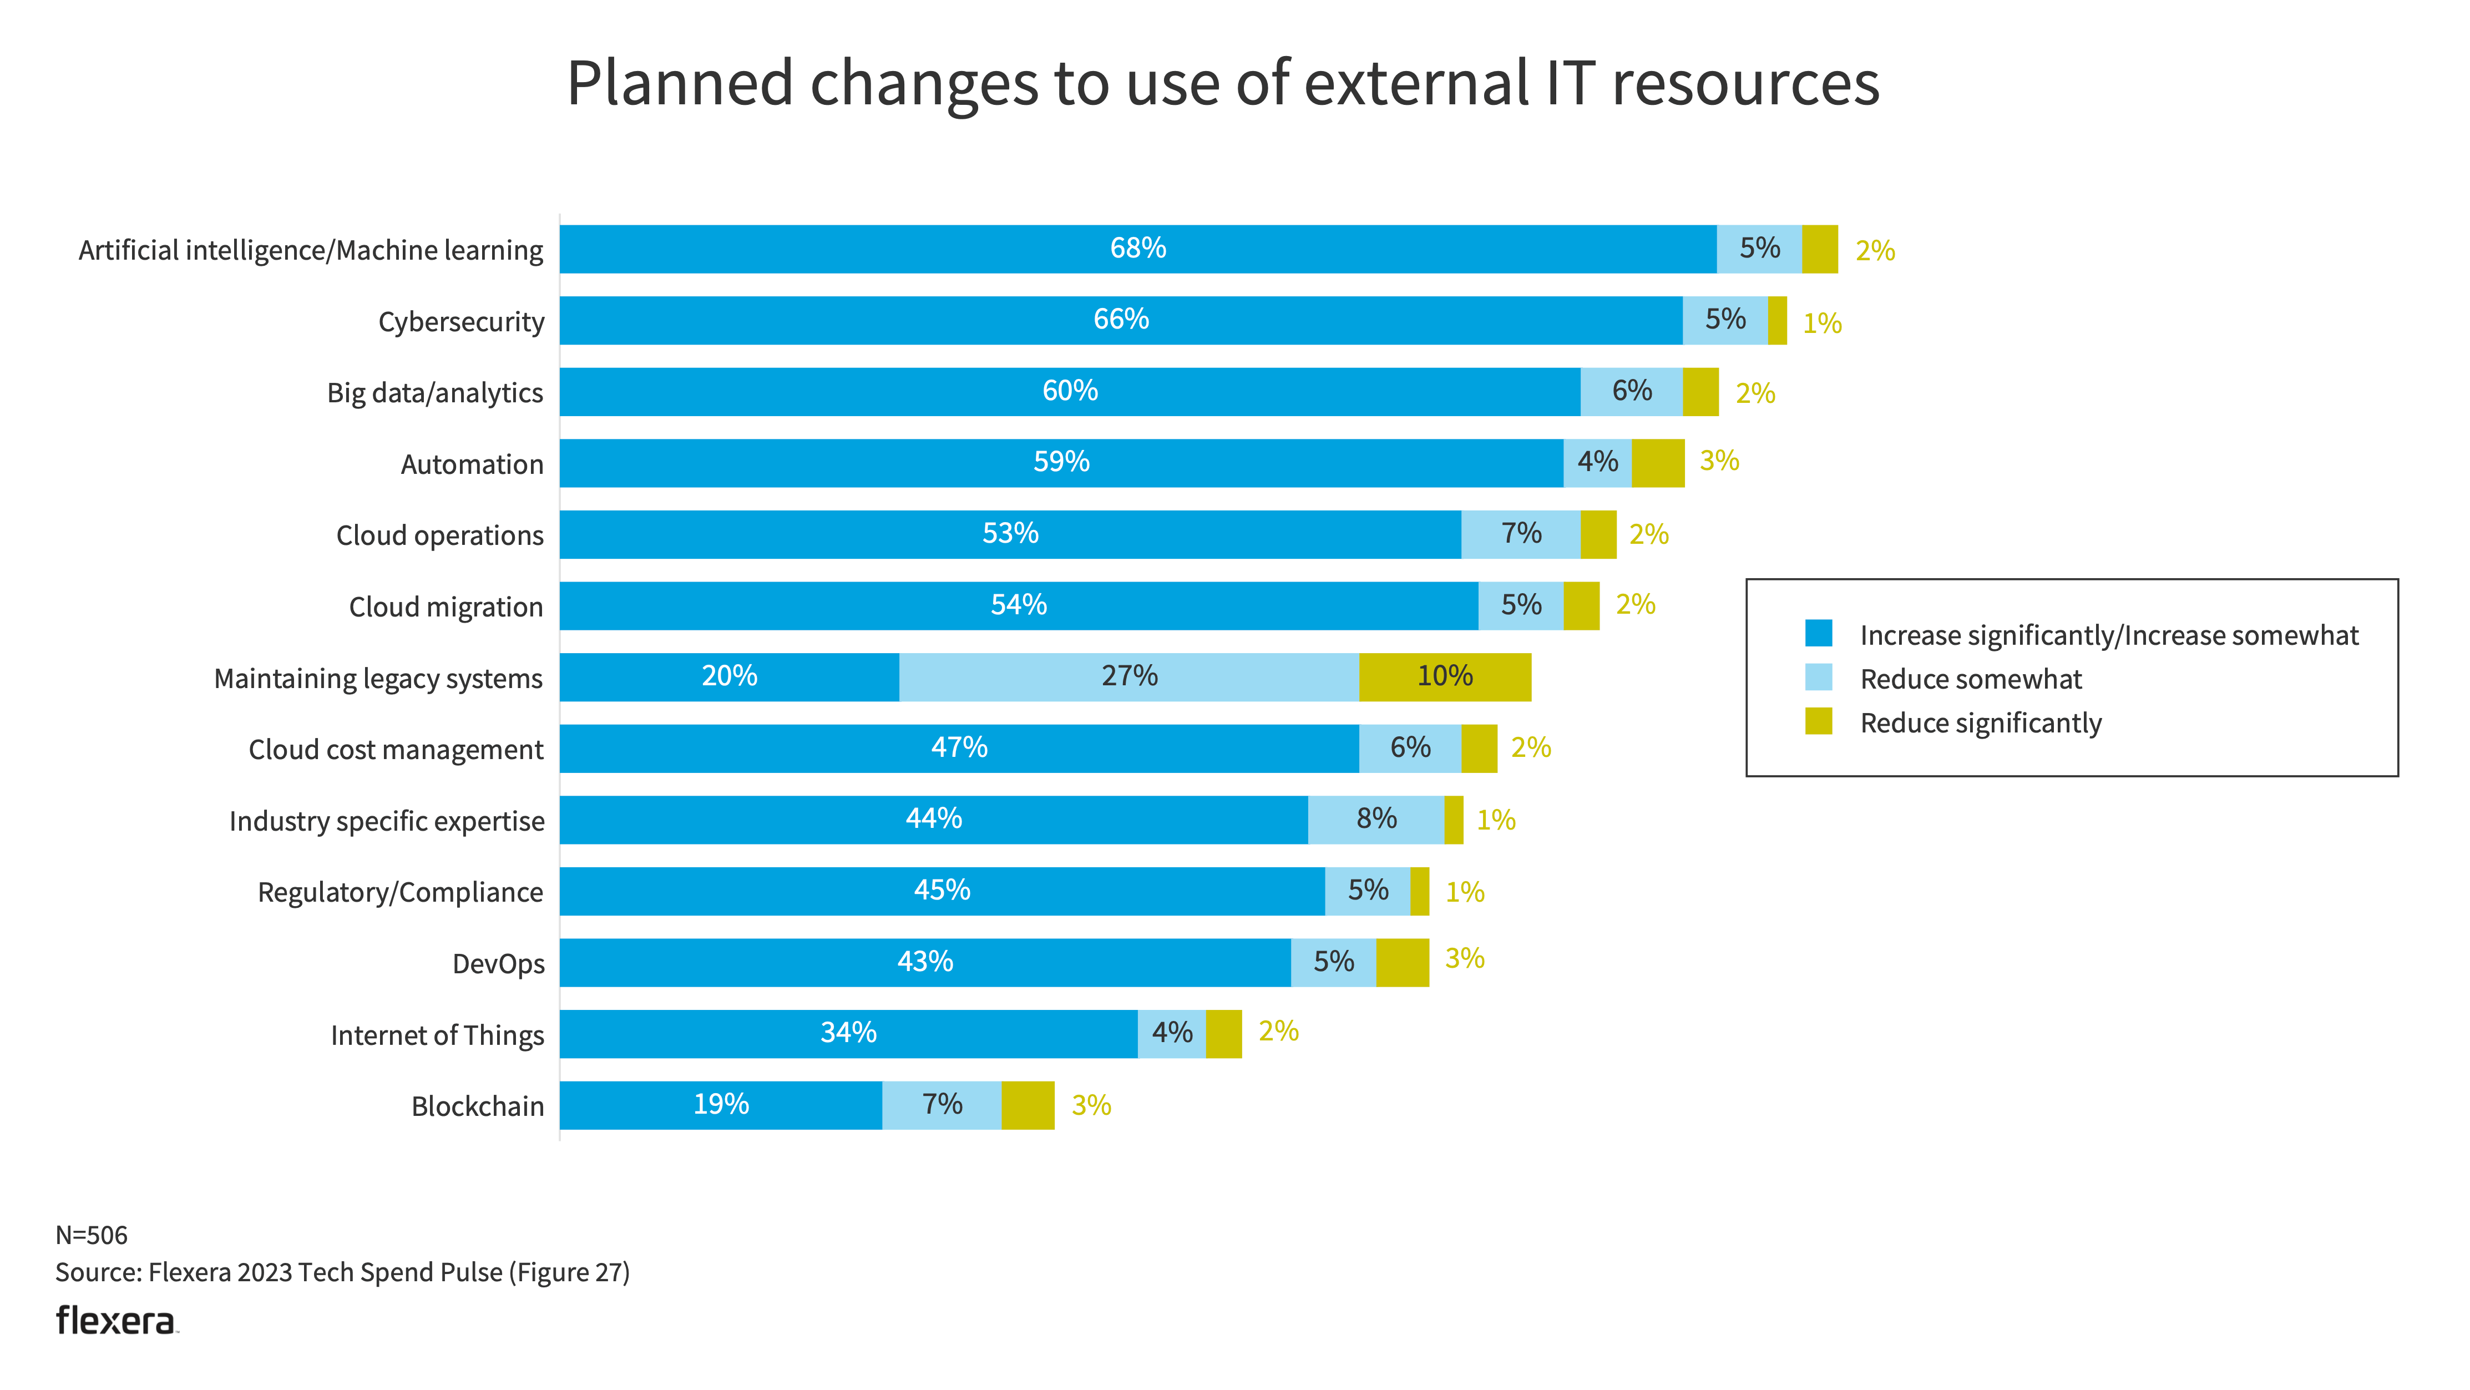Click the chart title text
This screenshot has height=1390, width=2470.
(1223, 83)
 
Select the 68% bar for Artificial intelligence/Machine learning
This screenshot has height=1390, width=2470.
(1137, 249)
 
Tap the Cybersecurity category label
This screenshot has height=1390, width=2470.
(461, 321)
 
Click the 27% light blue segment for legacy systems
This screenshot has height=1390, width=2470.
(1128, 676)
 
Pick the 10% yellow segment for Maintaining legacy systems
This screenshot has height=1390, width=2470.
(1444, 676)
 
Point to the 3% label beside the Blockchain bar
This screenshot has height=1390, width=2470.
(1091, 1105)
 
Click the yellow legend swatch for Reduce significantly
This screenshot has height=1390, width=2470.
(1818, 721)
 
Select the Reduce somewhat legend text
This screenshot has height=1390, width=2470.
(1971, 679)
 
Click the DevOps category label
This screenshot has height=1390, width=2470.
(498, 963)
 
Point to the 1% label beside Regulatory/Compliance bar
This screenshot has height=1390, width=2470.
(1464, 892)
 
